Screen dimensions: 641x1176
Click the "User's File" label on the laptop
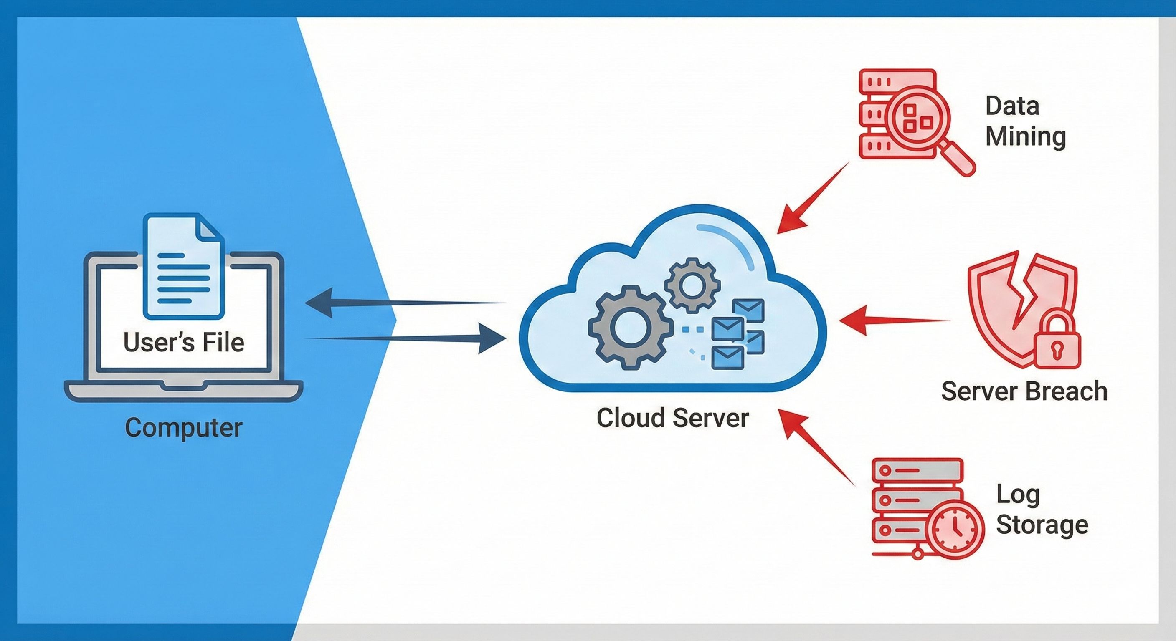[x=183, y=342]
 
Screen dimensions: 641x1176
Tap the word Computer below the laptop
[x=183, y=428]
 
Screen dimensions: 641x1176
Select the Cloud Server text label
[x=672, y=418]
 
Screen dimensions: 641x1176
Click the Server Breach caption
[x=1024, y=391]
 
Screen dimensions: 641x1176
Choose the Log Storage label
[x=1042, y=509]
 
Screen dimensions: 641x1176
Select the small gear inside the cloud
[x=692, y=285]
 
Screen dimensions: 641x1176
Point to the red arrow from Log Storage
[x=817, y=447]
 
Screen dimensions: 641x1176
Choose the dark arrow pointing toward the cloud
[x=406, y=338]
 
